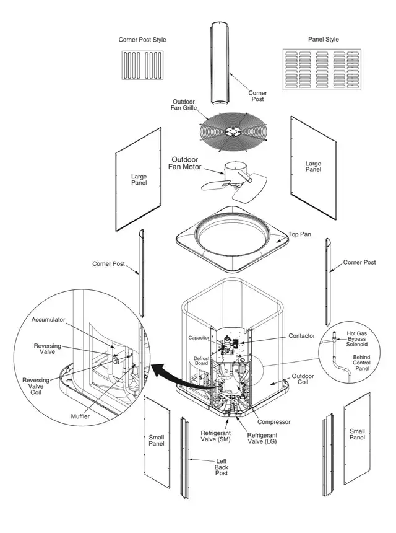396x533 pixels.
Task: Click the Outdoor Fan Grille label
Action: click(184, 105)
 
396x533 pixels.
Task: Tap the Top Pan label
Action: click(299, 234)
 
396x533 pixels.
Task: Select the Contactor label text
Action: click(302, 336)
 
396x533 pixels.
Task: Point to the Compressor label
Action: click(274, 422)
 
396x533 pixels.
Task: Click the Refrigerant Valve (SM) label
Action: click(215, 436)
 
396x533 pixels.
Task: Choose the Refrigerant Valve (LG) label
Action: click(262, 438)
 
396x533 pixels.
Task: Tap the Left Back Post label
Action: click(222, 467)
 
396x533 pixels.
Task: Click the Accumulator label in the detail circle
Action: click(48, 320)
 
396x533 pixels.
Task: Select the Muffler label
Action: click(80, 416)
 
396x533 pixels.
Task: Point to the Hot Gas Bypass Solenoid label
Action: click(356, 339)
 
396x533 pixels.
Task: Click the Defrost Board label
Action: click(201, 361)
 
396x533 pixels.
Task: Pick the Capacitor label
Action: click(199, 338)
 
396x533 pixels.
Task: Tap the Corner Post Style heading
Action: click(142, 40)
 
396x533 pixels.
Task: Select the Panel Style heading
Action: click(324, 40)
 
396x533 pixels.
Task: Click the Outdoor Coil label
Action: click(303, 379)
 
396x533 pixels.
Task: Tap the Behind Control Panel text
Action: click(361, 363)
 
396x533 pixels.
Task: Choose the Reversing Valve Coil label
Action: click(36, 386)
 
